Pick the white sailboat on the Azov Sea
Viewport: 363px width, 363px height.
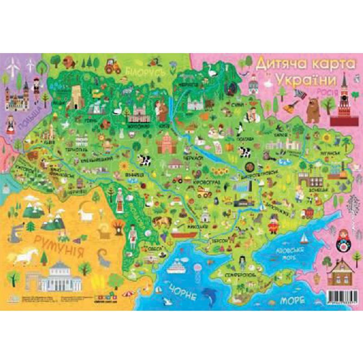click(303, 236)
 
